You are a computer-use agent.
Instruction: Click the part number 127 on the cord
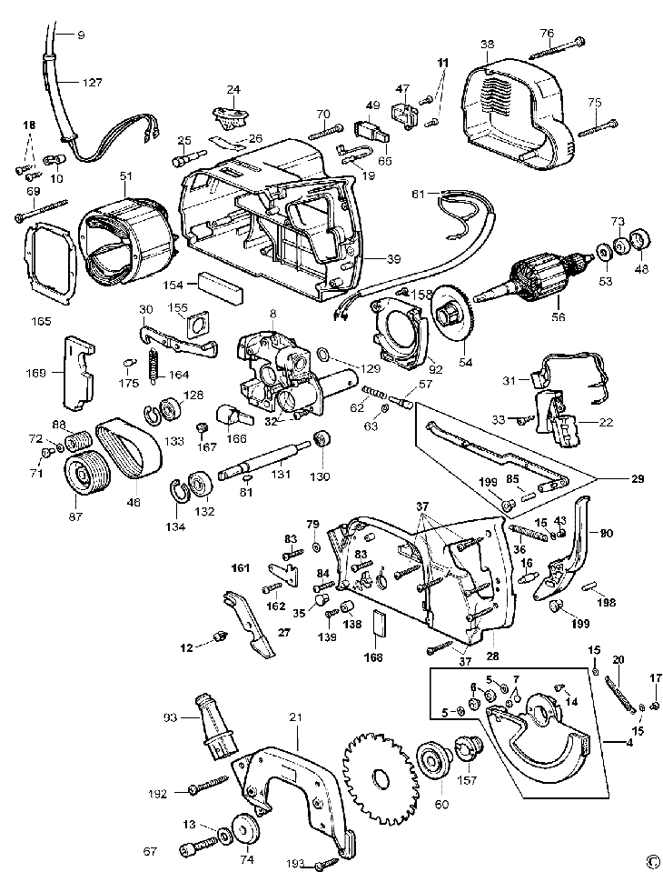[93, 81]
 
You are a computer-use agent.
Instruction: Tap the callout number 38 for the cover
[487, 44]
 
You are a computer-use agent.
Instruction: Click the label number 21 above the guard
[294, 717]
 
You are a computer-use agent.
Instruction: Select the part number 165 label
[40, 321]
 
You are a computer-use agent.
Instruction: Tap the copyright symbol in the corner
[651, 860]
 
